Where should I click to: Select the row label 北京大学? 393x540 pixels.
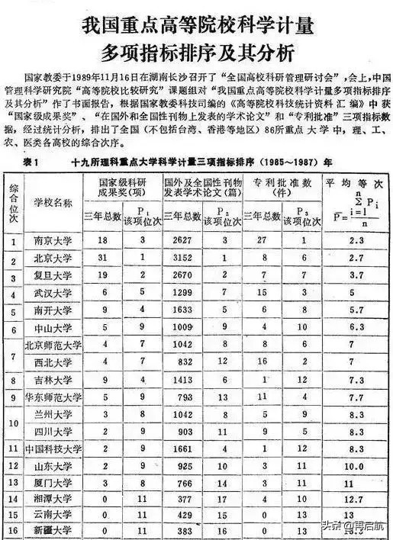pyautogui.click(x=53, y=259)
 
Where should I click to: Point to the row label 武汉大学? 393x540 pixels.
pyautogui.click(x=53, y=293)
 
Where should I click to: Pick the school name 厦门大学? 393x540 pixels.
pyautogui.click(x=53, y=483)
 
